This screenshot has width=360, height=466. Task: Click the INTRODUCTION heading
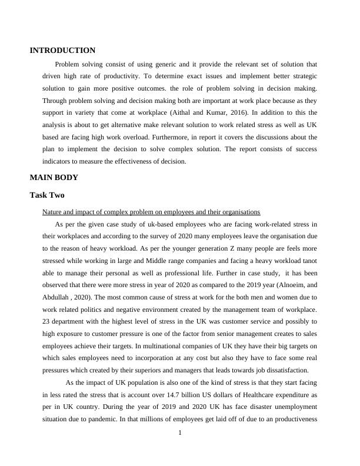tap(62, 51)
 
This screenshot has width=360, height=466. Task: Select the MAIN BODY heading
tap(54, 177)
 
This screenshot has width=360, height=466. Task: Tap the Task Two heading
tap(47, 195)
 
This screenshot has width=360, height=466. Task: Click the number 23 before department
tap(47, 321)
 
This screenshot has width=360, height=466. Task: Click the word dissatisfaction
tap(286, 370)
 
